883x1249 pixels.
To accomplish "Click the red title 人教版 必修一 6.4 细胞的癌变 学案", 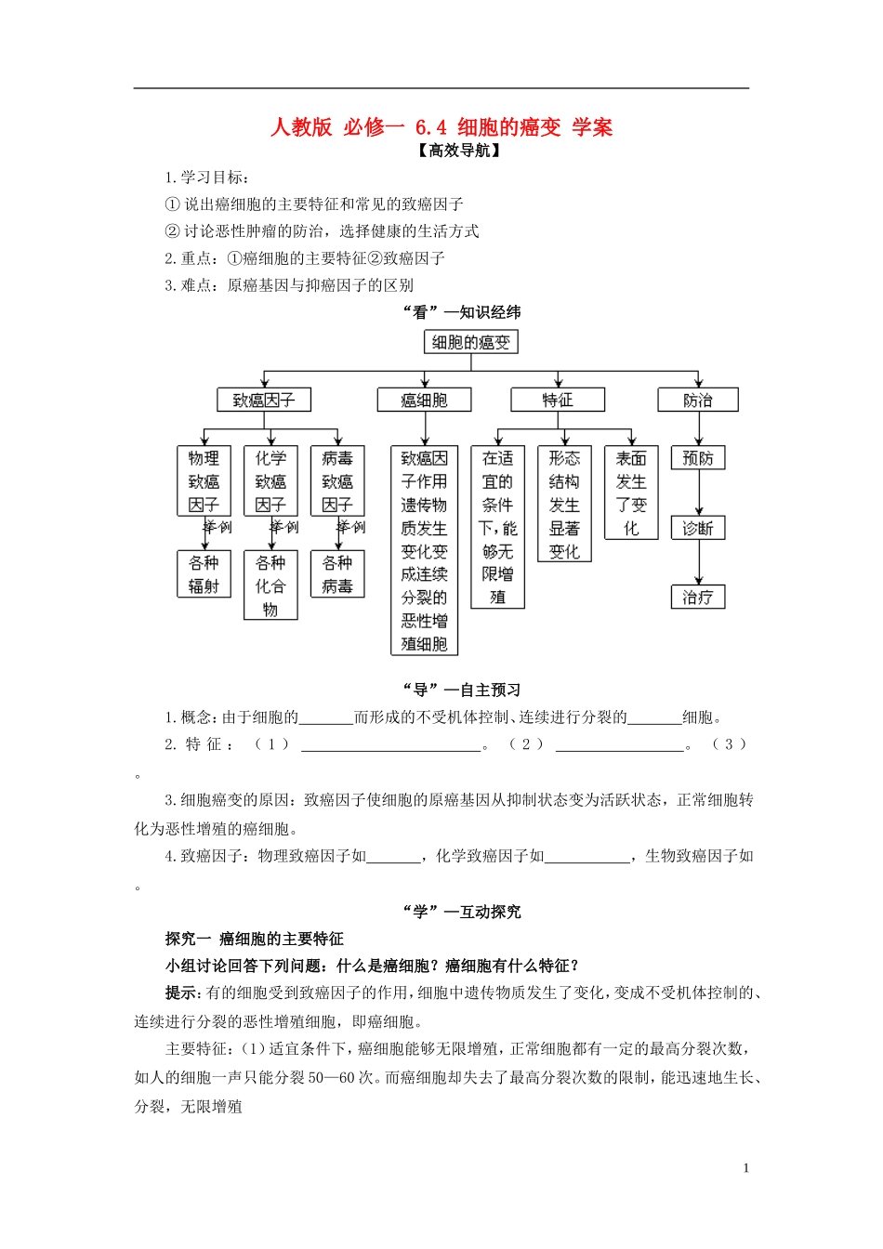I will tap(441, 127).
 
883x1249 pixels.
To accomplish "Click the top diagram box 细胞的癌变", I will tap(471, 342).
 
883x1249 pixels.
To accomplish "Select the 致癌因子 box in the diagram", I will tap(264, 400).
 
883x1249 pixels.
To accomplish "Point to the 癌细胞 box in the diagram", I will tap(424, 400).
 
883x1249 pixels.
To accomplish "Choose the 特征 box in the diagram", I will tap(558, 400).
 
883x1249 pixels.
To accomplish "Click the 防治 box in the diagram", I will tap(698, 400).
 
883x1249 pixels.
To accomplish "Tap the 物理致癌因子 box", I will tap(204, 481).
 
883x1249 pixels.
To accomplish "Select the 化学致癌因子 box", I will tap(270, 481).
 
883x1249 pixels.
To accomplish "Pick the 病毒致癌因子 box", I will tap(337, 481).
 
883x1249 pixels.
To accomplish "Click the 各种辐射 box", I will tap(204, 574).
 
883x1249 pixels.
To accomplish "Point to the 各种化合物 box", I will tap(270, 585).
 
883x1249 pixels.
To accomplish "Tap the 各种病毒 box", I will tap(337, 574).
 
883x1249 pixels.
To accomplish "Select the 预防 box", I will tap(698, 458).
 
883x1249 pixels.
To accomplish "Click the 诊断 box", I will tap(698, 528).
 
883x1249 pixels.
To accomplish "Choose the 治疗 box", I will tap(698, 597).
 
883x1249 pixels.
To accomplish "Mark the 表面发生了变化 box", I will tap(631, 493).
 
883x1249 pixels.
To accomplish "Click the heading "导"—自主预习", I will tap(462, 690).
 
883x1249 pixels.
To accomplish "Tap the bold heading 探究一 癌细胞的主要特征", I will tap(255, 939).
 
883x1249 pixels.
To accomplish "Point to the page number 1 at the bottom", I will tap(745, 1168).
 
